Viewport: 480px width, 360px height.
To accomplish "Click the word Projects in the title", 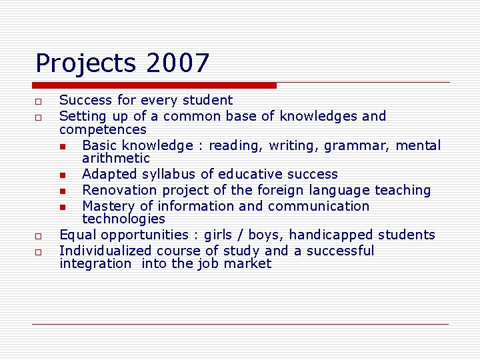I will click(x=86, y=64).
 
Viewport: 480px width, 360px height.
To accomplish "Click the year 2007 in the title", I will click(x=177, y=63).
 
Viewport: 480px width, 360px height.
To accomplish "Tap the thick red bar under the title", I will click(x=154, y=85).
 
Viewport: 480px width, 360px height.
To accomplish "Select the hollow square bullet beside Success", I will click(x=39, y=101).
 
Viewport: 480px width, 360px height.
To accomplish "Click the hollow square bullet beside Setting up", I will click(x=39, y=117).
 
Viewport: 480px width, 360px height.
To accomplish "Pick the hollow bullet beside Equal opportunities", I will click(x=39, y=236).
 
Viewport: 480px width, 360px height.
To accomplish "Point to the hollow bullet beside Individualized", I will click(x=39, y=252).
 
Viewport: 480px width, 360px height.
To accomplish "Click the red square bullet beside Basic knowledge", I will click(x=62, y=146).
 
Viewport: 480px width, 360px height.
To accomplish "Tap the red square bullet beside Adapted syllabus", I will click(x=62, y=175).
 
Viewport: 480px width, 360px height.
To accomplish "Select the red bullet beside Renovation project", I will click(x=62, y=191).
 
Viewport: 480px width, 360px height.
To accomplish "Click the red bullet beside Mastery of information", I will click(x=62, y=207).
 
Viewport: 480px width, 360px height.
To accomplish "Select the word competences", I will click(x=103, y=129).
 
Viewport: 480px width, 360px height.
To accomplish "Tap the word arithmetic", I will click(x=116, y=159).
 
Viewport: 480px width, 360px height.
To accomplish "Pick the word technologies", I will click(x=123, y=219).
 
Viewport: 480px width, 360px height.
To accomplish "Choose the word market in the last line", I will click(x=248, y=264).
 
